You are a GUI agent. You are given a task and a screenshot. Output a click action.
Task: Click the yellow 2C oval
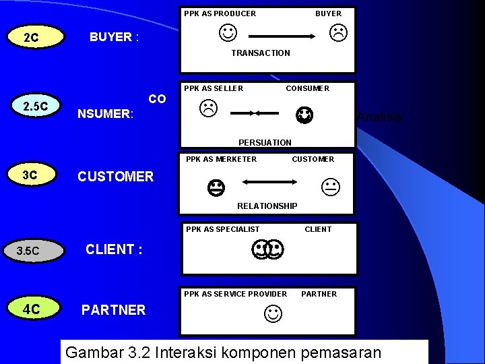click(31, 37)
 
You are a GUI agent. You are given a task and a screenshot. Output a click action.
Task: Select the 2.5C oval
click(36, 107)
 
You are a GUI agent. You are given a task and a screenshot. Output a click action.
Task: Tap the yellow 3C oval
click(30, 175)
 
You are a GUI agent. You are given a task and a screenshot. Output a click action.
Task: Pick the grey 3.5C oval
click(29, 251)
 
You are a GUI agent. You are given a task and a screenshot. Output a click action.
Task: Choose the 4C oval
click(32, 309)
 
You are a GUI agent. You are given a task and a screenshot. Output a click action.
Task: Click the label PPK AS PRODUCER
click(220, 13)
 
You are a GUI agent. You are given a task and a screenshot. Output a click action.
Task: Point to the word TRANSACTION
click(261, 53)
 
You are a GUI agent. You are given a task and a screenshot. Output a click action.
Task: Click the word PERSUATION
click(265, 142)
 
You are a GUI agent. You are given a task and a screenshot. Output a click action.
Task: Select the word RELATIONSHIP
click(267, 206)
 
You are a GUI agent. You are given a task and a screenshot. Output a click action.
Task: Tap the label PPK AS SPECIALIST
click(222, 229)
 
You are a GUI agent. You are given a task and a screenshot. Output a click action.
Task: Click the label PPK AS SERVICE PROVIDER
click(236, 294)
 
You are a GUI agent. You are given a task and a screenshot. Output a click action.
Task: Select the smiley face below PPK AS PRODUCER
click(228, 32)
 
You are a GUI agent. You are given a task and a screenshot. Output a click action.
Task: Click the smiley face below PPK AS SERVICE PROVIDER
click(273, 313)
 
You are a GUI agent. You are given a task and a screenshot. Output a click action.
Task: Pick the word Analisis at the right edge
click(380, 117)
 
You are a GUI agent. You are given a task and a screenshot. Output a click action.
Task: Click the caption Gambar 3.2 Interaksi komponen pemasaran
click(224, 353)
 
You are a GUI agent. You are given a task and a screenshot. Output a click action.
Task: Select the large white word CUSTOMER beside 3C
click(116, 177)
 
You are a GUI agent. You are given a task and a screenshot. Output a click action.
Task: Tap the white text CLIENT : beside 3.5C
click(114, 249)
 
